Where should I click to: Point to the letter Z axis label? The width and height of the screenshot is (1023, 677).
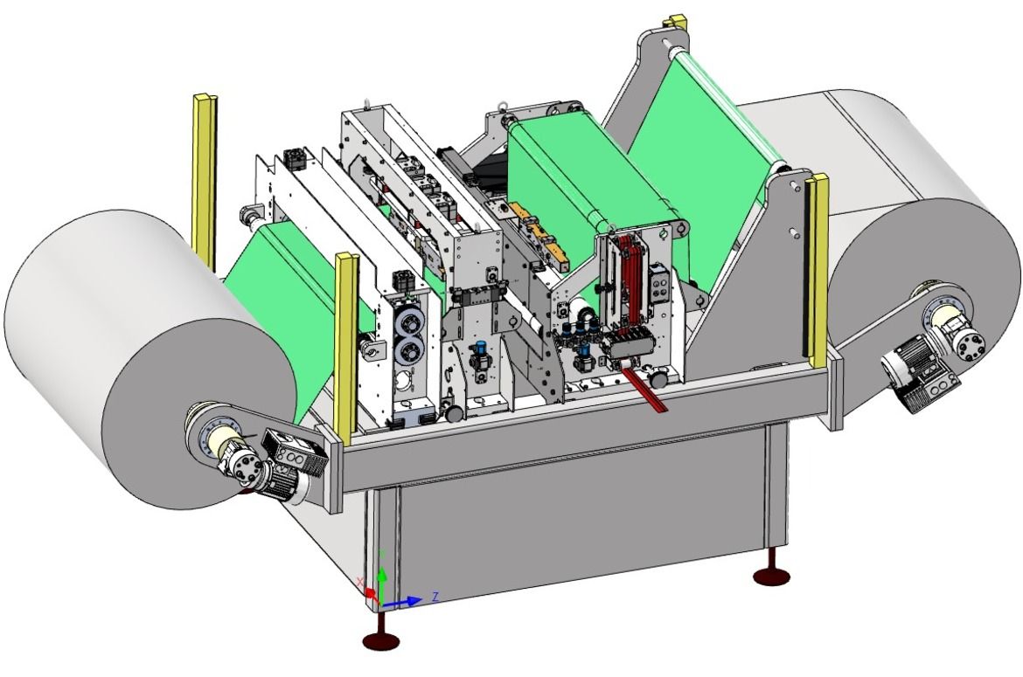435,596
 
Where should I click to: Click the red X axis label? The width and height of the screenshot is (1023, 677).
361,581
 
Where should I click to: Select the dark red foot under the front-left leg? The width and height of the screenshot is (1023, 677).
381,640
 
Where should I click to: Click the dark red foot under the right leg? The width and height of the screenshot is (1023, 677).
772,576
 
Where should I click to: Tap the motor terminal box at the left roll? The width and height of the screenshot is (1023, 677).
295,453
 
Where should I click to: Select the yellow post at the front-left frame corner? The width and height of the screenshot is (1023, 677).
345,343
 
